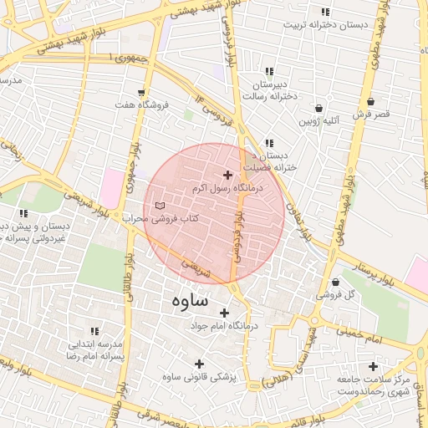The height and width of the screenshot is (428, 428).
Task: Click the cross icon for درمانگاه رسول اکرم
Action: click(x=227, y=175)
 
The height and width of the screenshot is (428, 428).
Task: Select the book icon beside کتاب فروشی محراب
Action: click(x=160, y=206)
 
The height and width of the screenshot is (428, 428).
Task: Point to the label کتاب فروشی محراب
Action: click(x=160, y=219)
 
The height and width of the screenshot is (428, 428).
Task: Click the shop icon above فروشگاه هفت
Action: click(x=141, y=92)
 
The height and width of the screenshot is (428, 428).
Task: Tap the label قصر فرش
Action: click(x=369, y=116)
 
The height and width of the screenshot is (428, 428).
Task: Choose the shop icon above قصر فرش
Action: click(x=369, y=102)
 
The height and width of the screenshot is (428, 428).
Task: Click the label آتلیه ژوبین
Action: click(x=319, y=122)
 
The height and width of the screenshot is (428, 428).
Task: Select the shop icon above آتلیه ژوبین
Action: click(x=319, y=108)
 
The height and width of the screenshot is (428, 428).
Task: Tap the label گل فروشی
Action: click(x=335, y=295)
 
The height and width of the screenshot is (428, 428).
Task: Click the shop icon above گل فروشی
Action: click(x=335, y=281)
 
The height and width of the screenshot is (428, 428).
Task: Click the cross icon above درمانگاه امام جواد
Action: click(x=224, y=312)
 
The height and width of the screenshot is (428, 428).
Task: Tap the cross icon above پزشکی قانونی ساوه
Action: click(x=199, y=364)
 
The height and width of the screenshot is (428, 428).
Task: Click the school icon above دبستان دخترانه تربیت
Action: click(x=325, y=12)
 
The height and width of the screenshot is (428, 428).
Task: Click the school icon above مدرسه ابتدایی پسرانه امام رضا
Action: click(x=94, y=332)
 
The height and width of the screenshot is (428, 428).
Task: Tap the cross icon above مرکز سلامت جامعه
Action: click(x=373, y=366)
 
